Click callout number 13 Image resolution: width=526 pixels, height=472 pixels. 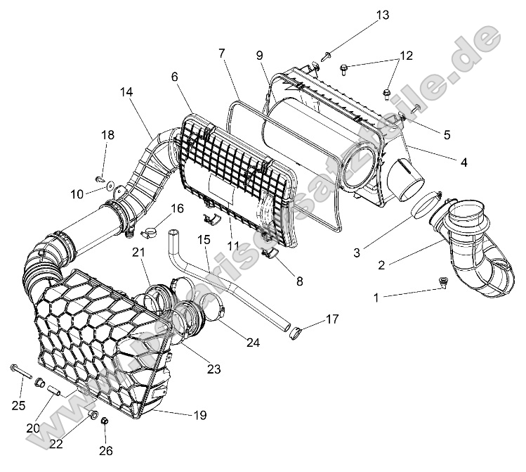tap(381, 15)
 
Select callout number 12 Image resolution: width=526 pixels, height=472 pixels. tap(407, 55)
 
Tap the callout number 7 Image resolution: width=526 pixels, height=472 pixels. tap(221, 53)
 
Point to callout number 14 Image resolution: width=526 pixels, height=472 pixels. tap(126, 92)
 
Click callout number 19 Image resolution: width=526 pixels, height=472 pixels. tap(200, 415)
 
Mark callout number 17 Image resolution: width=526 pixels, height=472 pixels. tap(331, 319)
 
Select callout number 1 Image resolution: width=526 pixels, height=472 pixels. tap(375, 298)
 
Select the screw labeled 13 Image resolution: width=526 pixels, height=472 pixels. tap(327, 54)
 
